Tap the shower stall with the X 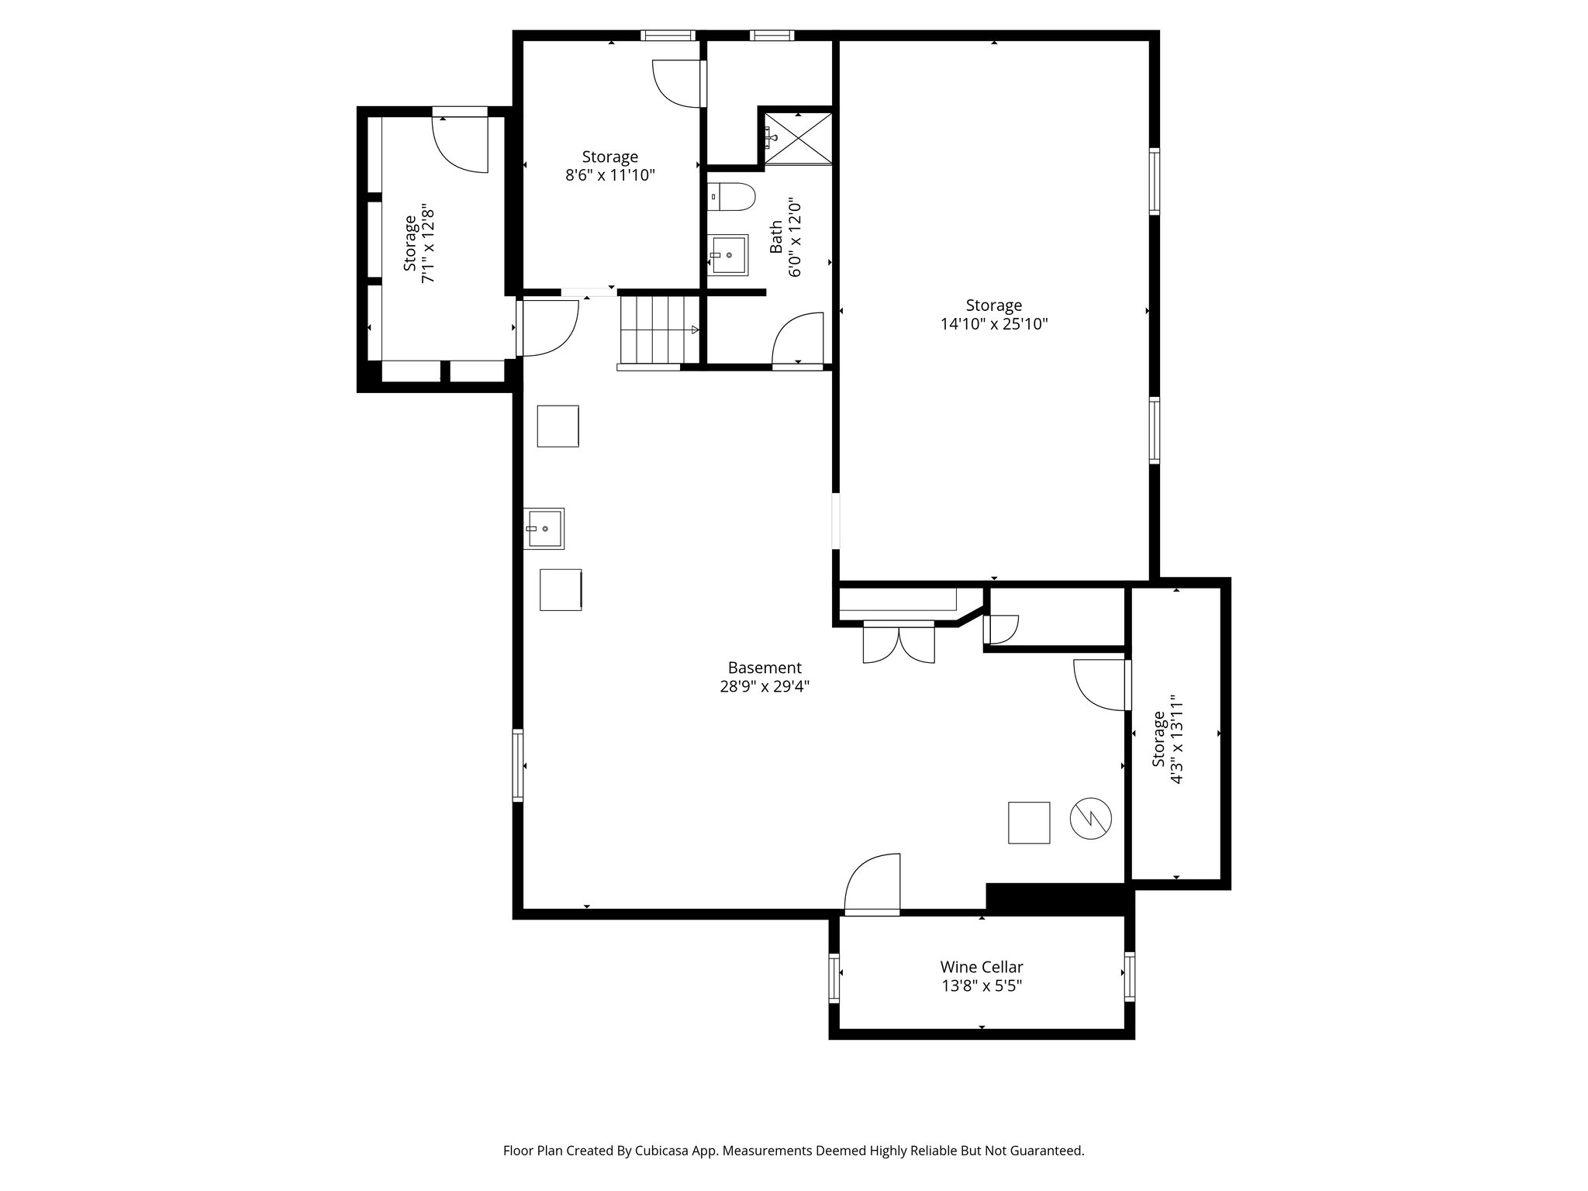[799, 138]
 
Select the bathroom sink [729, 254]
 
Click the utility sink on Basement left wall [544, 528]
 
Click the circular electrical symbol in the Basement [1090, 817]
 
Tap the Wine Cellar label [981, 967]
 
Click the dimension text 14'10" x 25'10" [993, 324]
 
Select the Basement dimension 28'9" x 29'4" [764, 686]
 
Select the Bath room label [776, 237]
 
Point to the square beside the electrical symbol [1028, 823]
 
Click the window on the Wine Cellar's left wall [834, 978]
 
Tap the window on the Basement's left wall [517, 765]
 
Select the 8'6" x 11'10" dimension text [610, 175]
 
